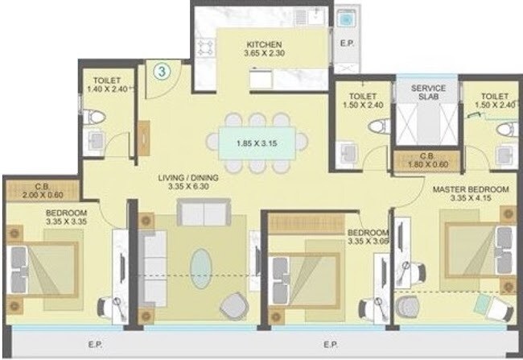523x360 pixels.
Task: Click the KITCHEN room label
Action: tap(262, 43)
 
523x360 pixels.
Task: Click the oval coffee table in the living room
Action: tap(203, 265)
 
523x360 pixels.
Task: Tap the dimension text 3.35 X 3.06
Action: tap(369, 240)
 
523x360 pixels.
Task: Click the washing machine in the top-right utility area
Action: tap(348, 18)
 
